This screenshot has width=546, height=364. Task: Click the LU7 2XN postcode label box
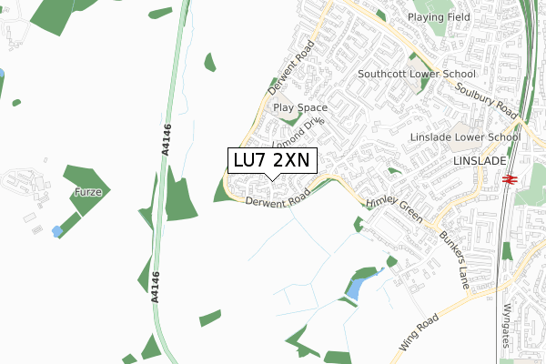pyautogui.click(x=271, y=160)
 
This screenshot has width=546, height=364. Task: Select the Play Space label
pyautogui.click(x=301, y=107)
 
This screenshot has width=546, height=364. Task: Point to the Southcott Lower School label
pyautogui.click(x=416, y=74)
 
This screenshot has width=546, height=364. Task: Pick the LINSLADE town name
pyautogui.click(x=478, y=160)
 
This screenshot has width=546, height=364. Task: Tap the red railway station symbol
pyautogui.click(x=510, y=179)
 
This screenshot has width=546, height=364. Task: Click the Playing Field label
pyautogui.click(x=439, y=17)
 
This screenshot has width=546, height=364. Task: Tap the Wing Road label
pyautogui.click(x=419, y=333)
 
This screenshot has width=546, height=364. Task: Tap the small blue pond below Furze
pyautogui.click(x=57, y=231)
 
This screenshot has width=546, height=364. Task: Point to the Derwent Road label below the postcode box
pyautogui.click(x=278, y=200)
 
